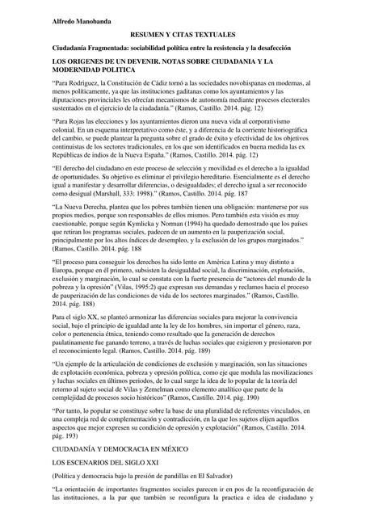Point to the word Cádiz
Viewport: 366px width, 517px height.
(164, 84)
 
